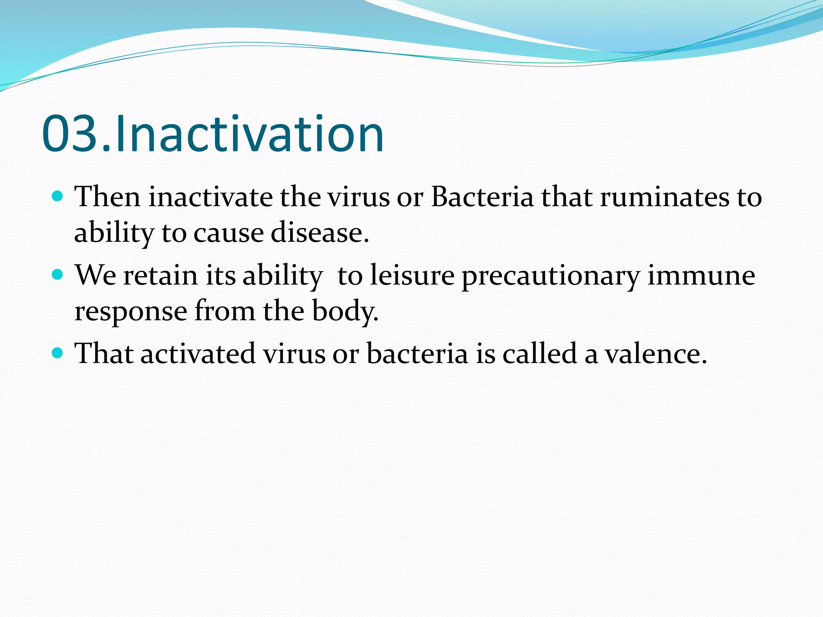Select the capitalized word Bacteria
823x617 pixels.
click(x=482, y=197)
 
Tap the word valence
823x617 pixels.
click(x=656, y=354)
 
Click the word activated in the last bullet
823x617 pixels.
click(x=198, y=354)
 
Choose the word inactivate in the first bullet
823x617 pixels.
click(x=210, y=197)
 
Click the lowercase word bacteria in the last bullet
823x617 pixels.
click(x=417, y=354)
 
